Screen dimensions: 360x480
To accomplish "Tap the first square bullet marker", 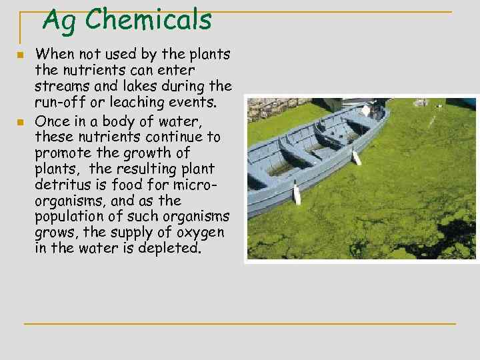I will (21, 55).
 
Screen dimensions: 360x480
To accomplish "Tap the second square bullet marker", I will (21, 122).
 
